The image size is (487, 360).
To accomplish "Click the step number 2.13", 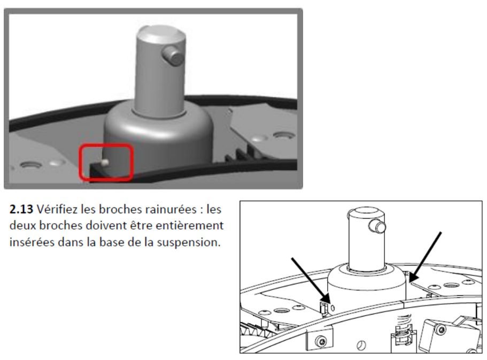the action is pyautogui.click(x=21, y=209).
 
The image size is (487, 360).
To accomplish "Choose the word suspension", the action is pyautogui.click(x=189, y=242).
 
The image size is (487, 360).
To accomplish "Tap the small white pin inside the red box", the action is pyautogui.click(x=105, y=162).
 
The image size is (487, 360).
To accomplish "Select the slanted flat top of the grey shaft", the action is pyautogui.click(x=161, y=34).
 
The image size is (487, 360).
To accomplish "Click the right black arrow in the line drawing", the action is pyautogui.click(x=425, y=257).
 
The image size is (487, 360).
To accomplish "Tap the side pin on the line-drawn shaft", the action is pyautogui.click(x=377, y=226).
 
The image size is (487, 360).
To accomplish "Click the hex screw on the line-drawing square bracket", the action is pyautogui.click(x=321, y=342).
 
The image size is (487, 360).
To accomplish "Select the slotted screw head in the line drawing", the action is pyautogui.click(x=361, y=345).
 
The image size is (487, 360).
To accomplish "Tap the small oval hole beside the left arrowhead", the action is pyautogui.click(x=333, y=308).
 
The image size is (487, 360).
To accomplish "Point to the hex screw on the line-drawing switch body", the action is pyautogui.click(x=440, y=329).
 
